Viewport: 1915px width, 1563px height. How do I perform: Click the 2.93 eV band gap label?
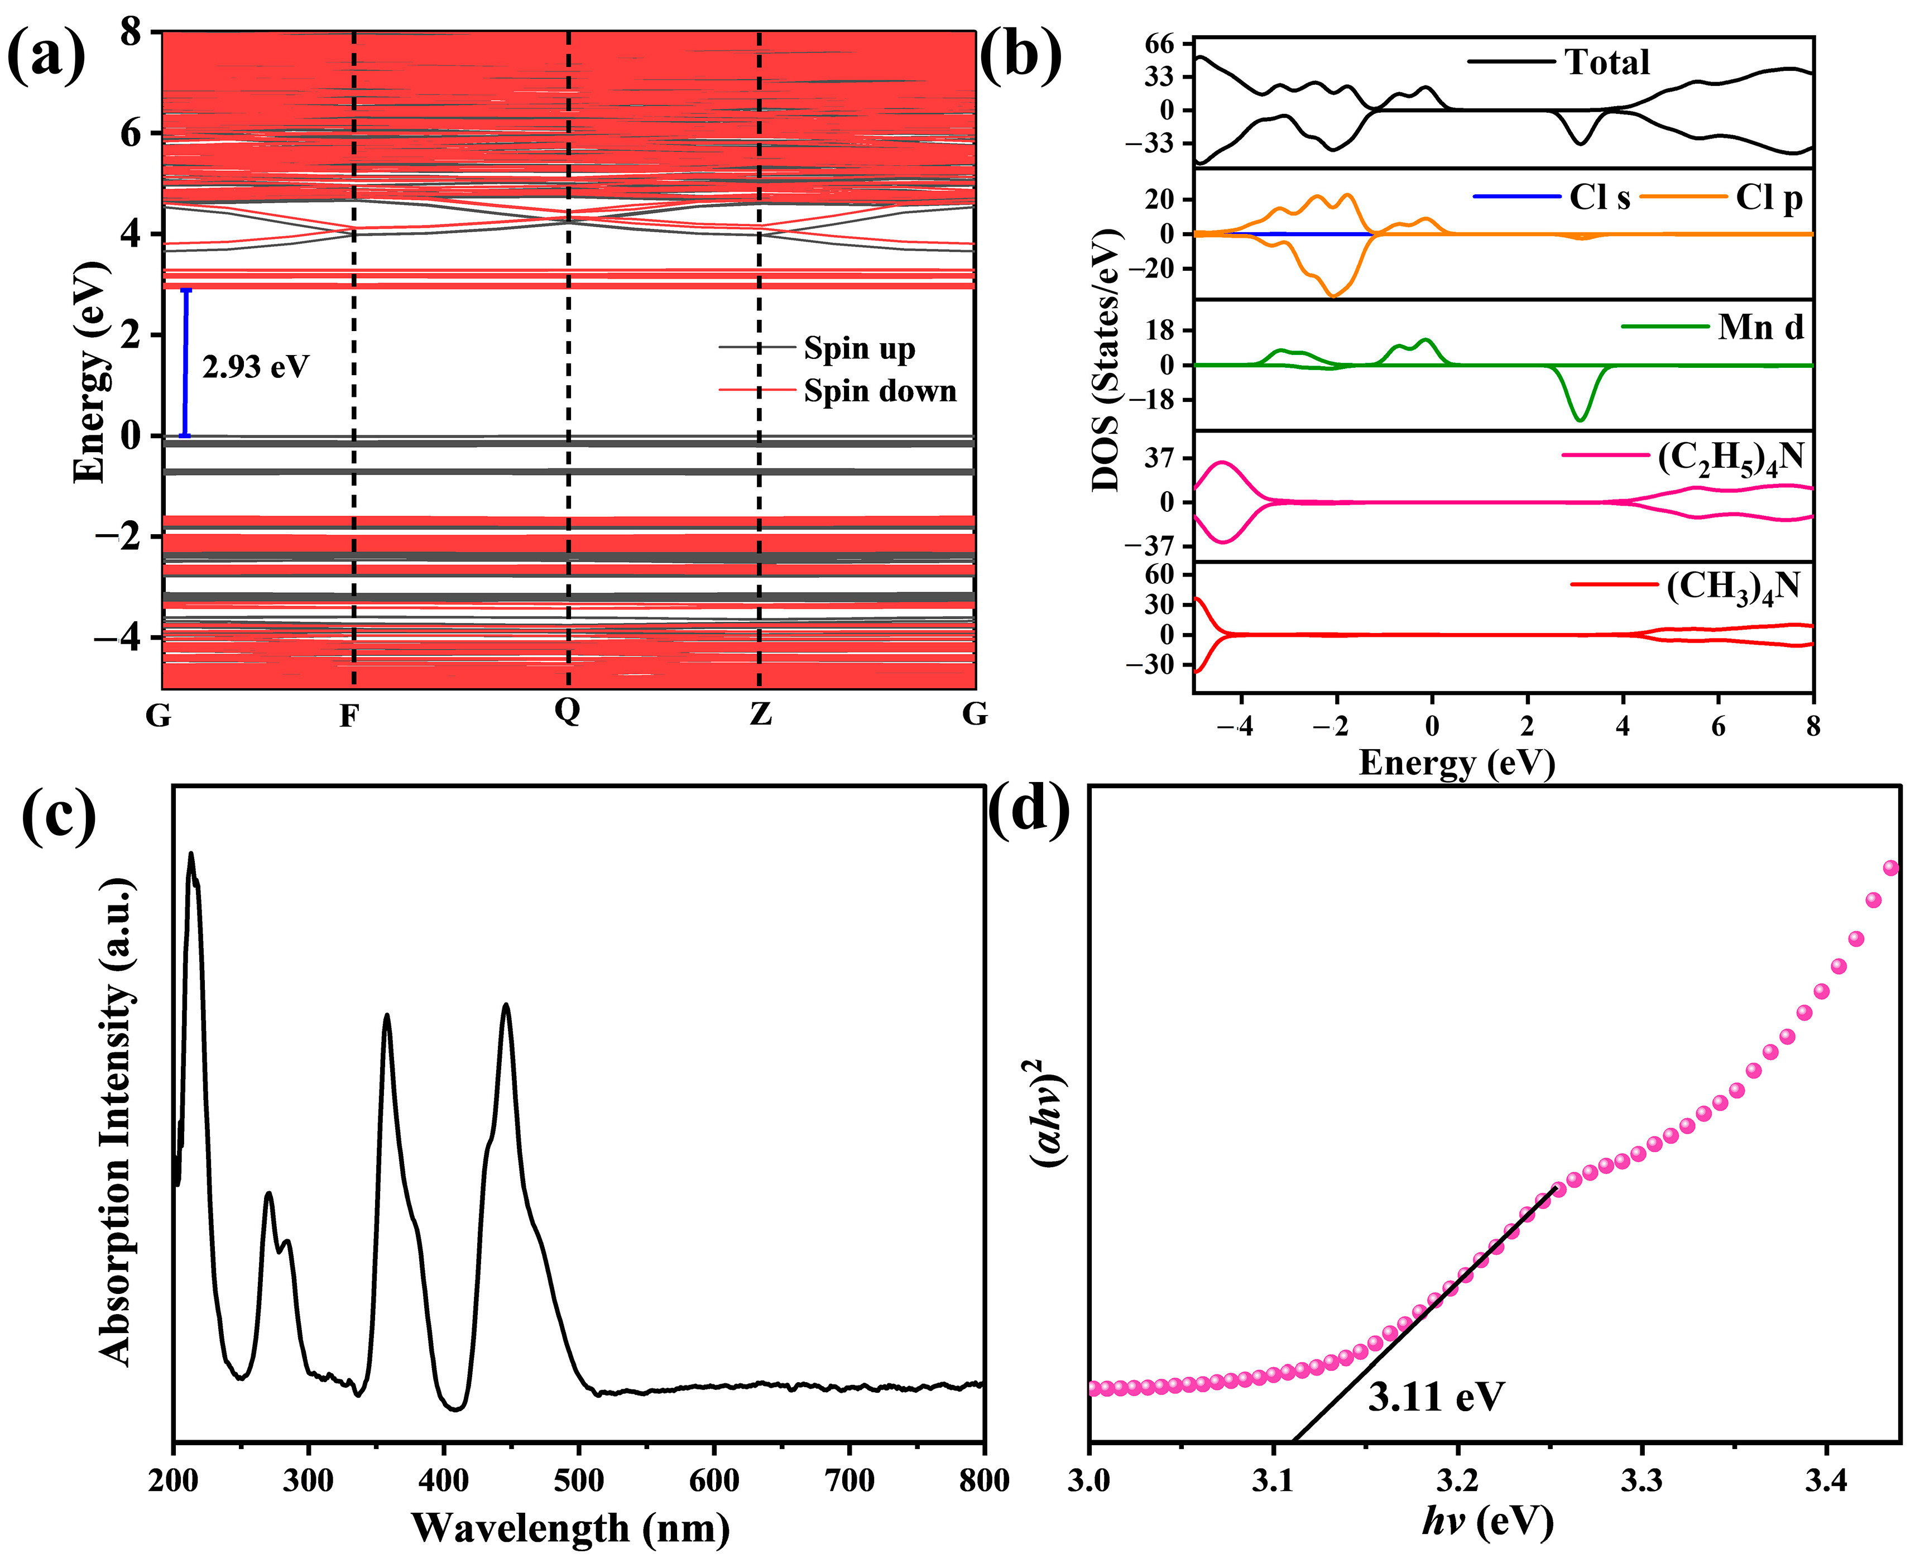click(256, 367)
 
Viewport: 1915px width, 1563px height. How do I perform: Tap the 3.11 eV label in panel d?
click(1436, 1397)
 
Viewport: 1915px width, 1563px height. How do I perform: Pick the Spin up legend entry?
click(859, 348)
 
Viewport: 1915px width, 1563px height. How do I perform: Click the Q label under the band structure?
click(567, 711)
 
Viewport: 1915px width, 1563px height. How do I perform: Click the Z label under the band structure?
click(761, 714)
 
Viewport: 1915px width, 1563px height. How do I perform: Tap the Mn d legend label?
click(1760, 327)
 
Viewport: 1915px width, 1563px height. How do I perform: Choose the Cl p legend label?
click(1769, 197)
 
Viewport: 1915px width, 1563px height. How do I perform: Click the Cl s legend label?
click(1599, 197)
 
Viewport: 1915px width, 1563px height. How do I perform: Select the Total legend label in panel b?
click(1607, 62)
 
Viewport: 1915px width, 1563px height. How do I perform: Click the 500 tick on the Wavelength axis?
click(579, 1480)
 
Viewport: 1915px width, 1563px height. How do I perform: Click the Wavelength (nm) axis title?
click(570, 1527)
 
